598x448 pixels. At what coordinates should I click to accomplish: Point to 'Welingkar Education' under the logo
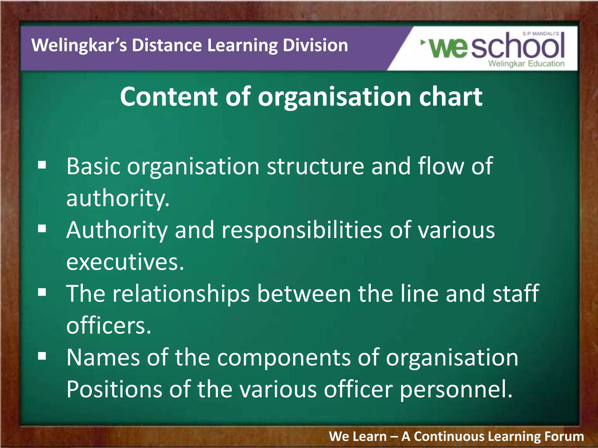click(526, 64)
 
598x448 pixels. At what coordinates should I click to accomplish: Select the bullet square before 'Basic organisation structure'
click(42, 165)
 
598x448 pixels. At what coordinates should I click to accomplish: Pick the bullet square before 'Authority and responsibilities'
click(42, 229)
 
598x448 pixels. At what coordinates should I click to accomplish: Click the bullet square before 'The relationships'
click(42, 292)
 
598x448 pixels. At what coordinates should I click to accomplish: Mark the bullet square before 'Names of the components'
click(42, 356)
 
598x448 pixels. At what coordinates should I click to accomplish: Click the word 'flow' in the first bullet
click(441, 166)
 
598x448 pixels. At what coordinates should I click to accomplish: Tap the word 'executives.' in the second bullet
click(125, 262)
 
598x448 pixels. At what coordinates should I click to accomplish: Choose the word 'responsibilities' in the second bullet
click(302, 230)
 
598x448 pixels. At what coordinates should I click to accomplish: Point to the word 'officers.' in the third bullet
click(109, 325)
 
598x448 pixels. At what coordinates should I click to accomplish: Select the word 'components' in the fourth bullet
click(284, 358)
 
